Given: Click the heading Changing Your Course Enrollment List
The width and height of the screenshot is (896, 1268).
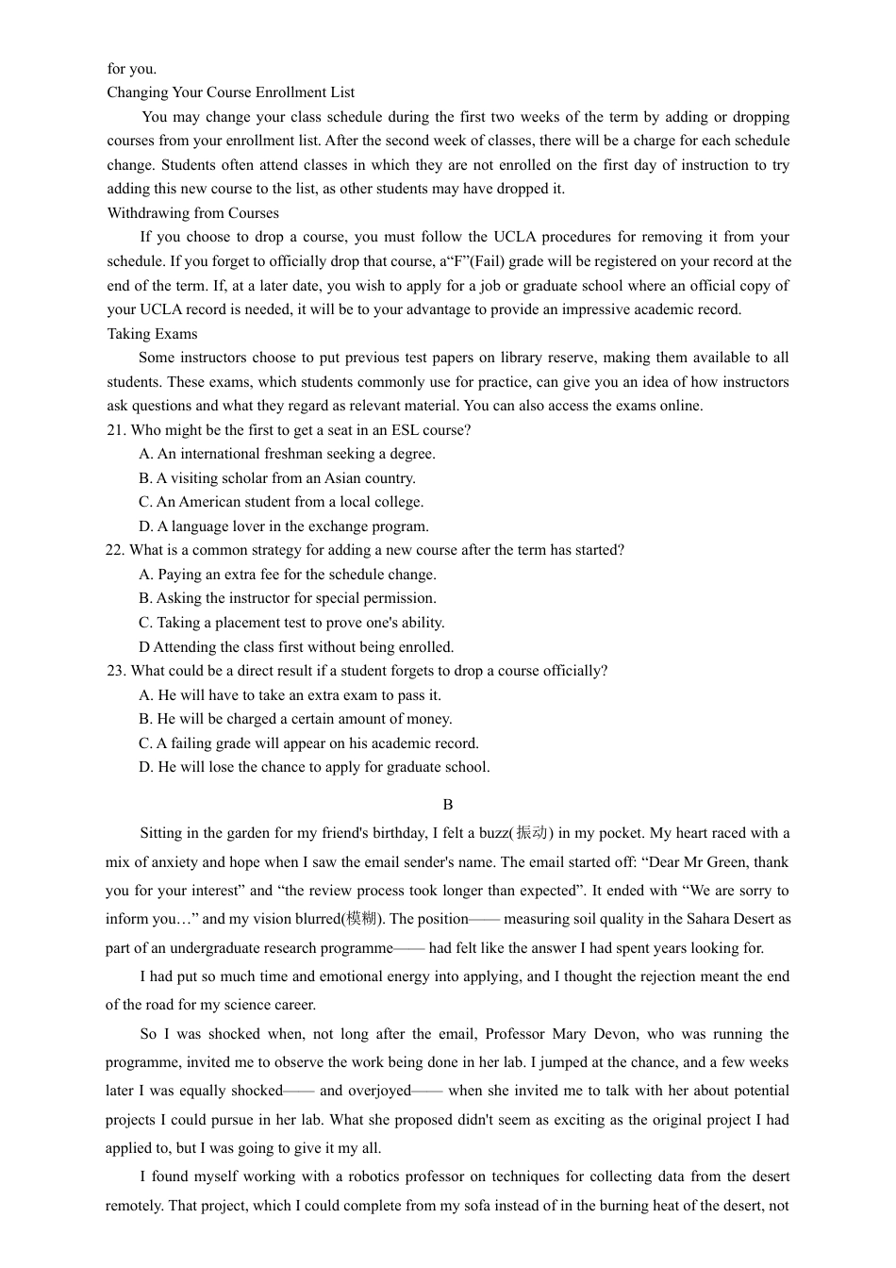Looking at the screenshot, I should click(230, 92).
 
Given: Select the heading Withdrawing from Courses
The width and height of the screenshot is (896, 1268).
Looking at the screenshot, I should click(192, 213).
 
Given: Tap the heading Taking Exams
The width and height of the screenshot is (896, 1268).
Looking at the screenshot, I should click(152, 334).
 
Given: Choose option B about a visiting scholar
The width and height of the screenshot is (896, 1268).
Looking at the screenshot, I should click(276, 478).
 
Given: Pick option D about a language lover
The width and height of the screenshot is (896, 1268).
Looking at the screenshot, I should click(283, 526).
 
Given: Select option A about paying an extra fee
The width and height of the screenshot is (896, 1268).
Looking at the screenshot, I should click(287, 575).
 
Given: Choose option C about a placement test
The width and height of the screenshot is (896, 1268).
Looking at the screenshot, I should click(290, 623).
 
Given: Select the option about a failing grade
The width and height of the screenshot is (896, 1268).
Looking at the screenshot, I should click(308, 743).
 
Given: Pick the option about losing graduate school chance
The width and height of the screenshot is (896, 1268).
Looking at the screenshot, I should click(314, 767).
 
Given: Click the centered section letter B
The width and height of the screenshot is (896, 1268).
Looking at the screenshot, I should click(448, 805).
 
